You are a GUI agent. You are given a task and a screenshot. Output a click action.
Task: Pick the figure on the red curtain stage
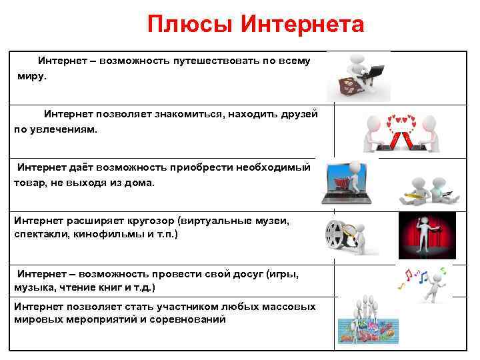tap(427, 235)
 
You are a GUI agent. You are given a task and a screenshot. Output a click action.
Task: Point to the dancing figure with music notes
tap(434, 283)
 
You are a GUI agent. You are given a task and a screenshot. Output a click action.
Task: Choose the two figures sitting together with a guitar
tap(426, 191)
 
